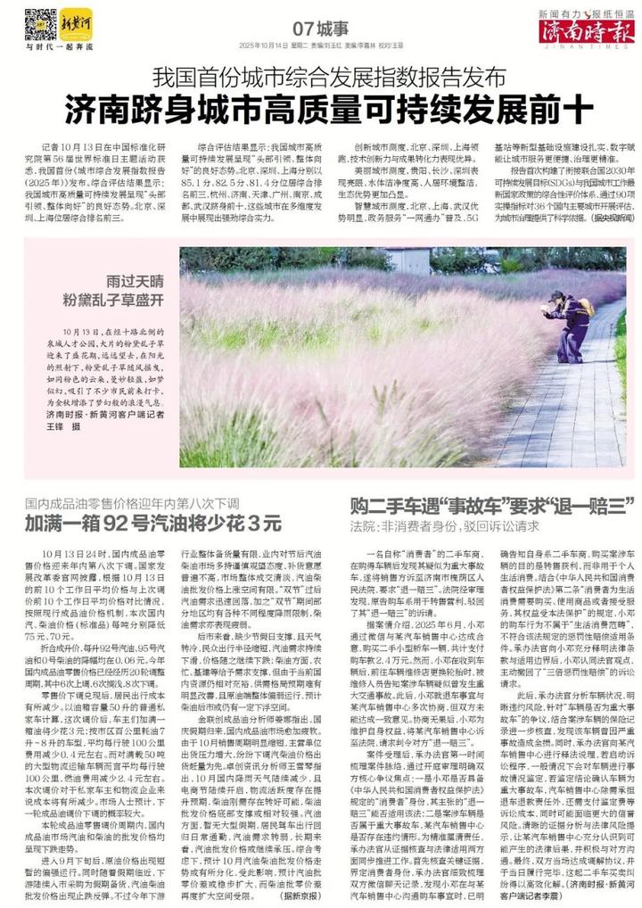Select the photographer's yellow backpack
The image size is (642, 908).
pyautogui.click(x=586, y=307)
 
